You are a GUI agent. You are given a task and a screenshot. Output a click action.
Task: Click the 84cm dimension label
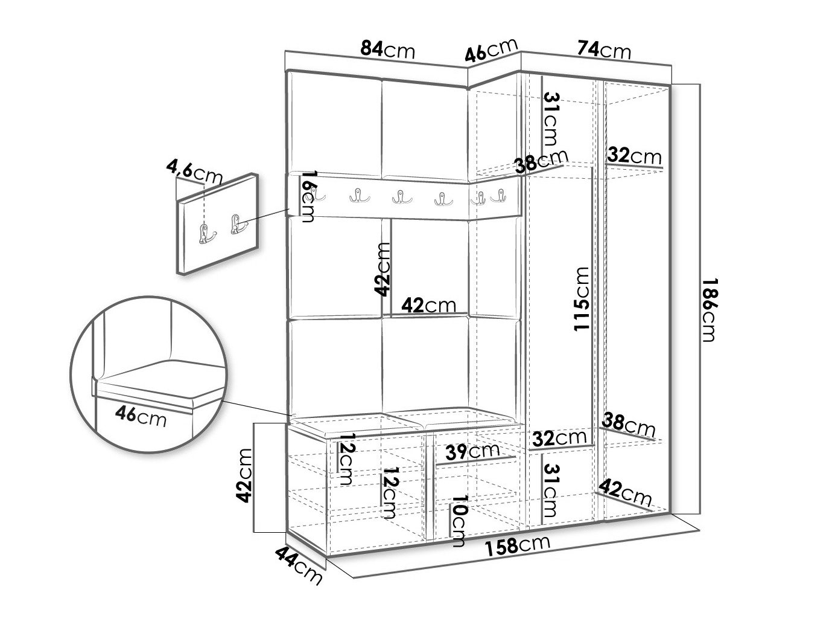[387, 50]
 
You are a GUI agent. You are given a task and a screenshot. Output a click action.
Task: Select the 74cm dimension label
[604, 49]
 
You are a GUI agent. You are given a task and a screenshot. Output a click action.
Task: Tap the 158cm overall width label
[518, 544]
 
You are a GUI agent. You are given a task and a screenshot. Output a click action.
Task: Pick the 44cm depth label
[299, 565]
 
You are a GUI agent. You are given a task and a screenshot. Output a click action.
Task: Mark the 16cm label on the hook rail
[307, 196]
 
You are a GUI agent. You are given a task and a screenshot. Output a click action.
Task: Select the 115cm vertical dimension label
[581, 298]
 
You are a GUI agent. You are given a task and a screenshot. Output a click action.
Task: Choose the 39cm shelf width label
[472, 451]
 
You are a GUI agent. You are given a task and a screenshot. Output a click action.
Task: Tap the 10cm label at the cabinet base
[459, 521]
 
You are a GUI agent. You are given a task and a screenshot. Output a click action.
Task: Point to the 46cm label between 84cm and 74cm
[491, 50]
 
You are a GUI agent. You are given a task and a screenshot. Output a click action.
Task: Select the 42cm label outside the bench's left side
[244, 475]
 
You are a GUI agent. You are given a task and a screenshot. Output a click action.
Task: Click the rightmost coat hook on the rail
[499, 196]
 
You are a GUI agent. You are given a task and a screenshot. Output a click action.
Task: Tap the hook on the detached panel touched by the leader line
[237, 225]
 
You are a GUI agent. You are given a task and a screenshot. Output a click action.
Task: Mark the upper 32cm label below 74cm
[634, 156]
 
